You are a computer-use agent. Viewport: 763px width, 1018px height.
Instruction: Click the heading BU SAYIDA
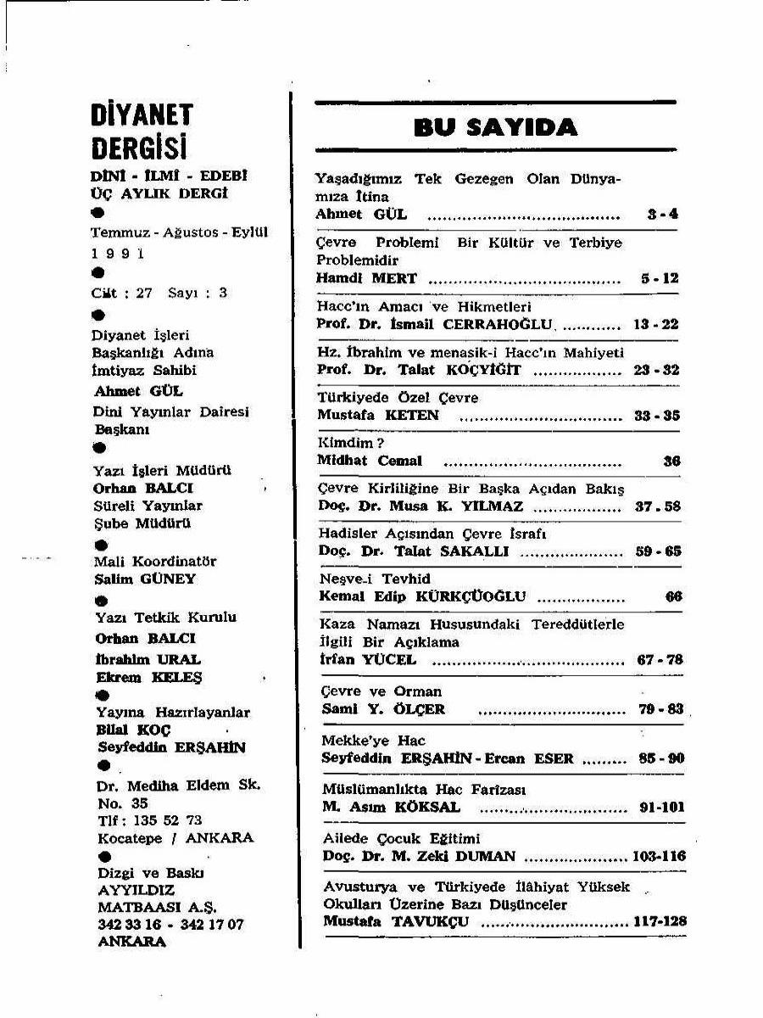(x=496, y=128)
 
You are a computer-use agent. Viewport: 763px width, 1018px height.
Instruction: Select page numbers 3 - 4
(x=663, y=215)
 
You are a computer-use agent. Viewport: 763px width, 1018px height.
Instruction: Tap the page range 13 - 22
(x=656, y=324)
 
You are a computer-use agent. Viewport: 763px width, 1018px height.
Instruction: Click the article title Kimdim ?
(x=352, y=443)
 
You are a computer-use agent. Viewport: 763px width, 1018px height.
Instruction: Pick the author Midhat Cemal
(x=369, y=461)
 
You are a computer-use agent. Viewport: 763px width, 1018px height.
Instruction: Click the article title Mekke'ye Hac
(x=373, y=741)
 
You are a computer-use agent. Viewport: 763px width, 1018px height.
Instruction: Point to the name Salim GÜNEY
(x=145, y=579)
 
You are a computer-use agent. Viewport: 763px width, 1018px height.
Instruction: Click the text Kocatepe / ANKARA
(x=175, y=837)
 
